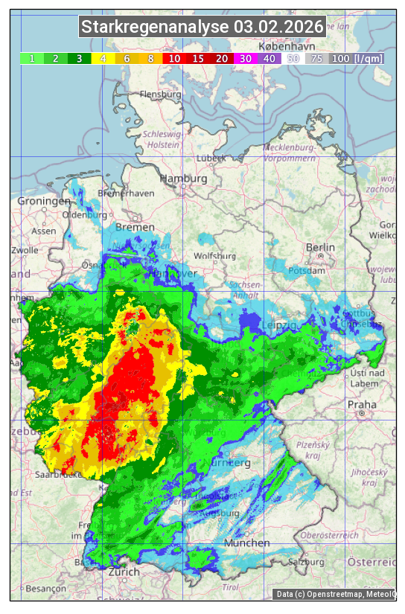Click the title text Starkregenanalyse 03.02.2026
click(202, 28)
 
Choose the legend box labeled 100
click(341, 58)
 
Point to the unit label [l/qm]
click(369, 58)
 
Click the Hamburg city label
click(183, 179)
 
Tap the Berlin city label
click(320, 247)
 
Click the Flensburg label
click(160, 95)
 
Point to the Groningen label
click(44, 202)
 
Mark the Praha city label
click(362, 405)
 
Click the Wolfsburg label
click(214, 256)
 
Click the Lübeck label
click(211, 159)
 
